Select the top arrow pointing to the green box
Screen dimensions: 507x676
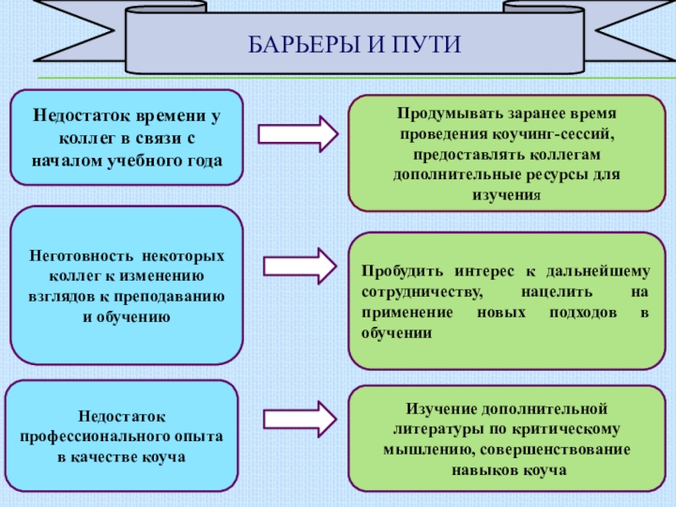click(x=297, y=134)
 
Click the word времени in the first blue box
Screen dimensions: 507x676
click(x=161, y=116)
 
